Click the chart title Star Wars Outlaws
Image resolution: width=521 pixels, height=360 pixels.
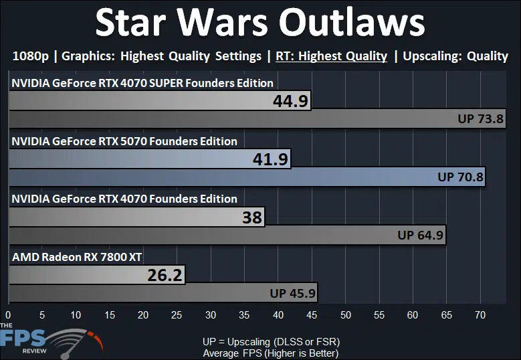(260, 23)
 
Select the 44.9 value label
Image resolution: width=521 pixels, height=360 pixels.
(290, 101)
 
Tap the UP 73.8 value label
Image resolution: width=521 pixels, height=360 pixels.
(480, 118)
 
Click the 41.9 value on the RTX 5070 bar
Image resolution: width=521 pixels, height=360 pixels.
(270, 159)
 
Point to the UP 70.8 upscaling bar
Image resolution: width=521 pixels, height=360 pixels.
(247, 177)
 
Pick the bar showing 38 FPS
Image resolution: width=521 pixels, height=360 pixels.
(136, 217)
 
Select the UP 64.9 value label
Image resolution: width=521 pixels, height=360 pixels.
(420, 235)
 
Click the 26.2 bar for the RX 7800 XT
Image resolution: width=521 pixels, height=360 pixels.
(97, 275)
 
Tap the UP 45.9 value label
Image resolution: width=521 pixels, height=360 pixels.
(292, 293)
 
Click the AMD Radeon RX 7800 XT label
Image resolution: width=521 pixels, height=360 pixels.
(77, 257)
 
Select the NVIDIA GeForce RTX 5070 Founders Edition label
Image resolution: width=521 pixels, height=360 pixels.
(124, 141)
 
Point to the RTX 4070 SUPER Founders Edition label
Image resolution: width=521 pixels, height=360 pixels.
(142, 83)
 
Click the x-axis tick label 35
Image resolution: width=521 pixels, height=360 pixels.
(244, 314)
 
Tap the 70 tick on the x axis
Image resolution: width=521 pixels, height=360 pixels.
(480, 314)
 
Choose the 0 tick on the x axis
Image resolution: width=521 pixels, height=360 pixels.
(8, 314)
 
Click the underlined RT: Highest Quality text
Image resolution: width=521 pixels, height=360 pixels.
(331, 56)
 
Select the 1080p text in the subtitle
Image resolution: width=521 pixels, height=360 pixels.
(31, 56)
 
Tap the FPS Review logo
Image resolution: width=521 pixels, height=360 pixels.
(51, 341)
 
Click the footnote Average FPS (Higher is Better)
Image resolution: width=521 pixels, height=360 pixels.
(271, 353)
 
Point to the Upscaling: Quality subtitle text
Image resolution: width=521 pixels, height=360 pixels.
(455, 56)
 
